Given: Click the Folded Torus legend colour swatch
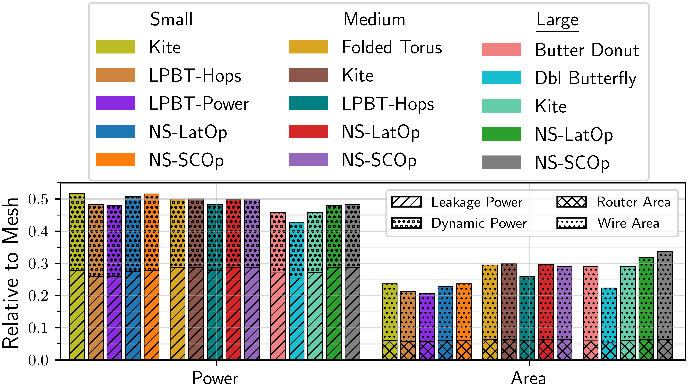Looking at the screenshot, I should (308, 47).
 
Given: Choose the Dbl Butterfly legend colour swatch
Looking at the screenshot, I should (501, 78).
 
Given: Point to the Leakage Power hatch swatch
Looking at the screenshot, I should (406, 202).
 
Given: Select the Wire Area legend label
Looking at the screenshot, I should (628, 223).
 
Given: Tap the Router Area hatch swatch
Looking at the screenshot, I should (572, 202).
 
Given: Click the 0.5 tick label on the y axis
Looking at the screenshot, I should (39, 199).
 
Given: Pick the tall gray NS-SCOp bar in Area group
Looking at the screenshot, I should (665, 305).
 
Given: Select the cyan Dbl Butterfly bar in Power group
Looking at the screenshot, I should (296, 291).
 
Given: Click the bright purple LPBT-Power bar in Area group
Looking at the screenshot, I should (427, 327).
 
